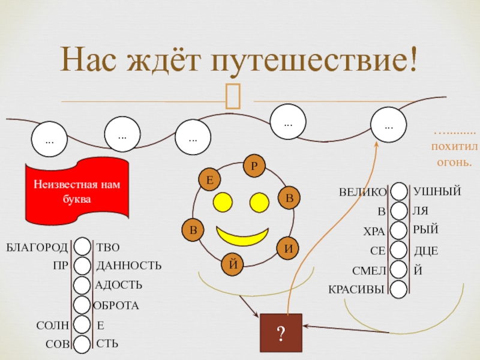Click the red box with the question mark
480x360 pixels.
[281, 332]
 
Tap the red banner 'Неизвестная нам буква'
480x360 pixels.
[76, 191]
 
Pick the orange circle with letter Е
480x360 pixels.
[209, 179]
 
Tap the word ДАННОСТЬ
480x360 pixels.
[129, 265]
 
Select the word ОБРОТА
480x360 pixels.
[116, 305]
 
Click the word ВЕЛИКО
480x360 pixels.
[363, 193]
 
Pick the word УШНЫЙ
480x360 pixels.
[437, 191]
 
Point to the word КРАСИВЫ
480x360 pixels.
[356, 289]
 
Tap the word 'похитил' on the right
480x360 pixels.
[451, 146]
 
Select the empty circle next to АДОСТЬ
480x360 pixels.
[83, 286]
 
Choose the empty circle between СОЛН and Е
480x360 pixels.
[83, 325]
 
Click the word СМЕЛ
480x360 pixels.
[368, 271]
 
